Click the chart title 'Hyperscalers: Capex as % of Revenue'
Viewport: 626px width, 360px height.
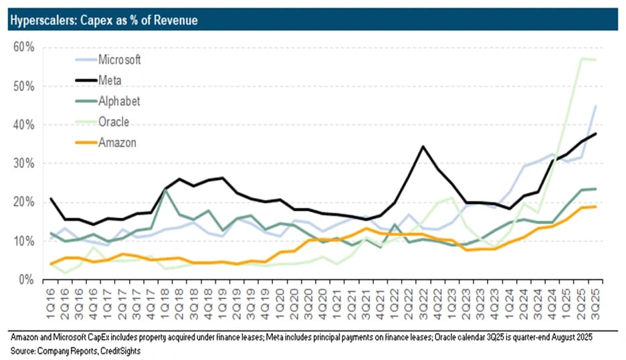(104, 20)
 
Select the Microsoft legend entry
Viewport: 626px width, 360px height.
(108, 60)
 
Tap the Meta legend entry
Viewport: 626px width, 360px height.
(98, 80)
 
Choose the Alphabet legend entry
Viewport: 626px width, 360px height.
(108, 101)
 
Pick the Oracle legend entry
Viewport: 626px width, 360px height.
(102, 122)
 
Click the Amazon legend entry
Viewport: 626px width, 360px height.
(106, 143)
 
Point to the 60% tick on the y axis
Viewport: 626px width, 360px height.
(24, 47)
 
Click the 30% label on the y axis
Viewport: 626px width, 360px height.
(24, 163)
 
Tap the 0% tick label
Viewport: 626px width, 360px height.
(26, 280)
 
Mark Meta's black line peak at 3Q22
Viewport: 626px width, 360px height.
(423, 147)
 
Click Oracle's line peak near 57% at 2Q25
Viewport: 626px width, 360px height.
(582, 59)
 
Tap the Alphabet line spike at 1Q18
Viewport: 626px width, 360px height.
(165, 189)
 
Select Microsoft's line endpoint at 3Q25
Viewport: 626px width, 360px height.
(596, 106)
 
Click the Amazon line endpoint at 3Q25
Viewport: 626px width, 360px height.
(596, 207)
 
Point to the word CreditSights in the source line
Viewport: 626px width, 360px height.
(120, 351)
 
